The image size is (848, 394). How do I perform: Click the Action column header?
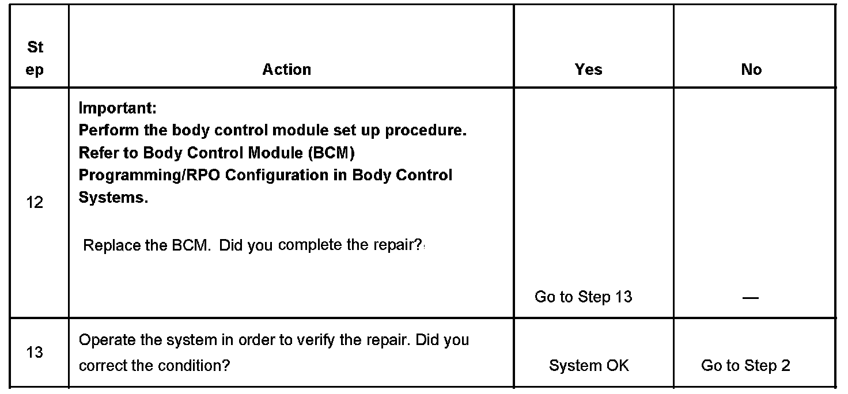[287, 70]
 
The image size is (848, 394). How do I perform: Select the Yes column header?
[588, 70]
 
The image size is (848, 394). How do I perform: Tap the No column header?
[751, 70]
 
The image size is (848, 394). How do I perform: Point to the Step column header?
[35, 59]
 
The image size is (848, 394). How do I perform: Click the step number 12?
[35, 203]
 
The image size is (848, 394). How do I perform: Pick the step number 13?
[35, 352]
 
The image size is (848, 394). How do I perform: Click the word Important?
[118, 108]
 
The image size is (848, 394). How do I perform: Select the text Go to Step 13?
[583, 297]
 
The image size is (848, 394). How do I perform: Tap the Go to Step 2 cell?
[745, 365]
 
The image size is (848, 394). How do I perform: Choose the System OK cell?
[589, 365]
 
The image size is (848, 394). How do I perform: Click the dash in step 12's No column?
[751, 298]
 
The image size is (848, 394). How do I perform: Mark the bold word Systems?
[113, 198]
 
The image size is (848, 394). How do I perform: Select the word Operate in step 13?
[107, 340]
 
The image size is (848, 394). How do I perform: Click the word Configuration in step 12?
[281, 175]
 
